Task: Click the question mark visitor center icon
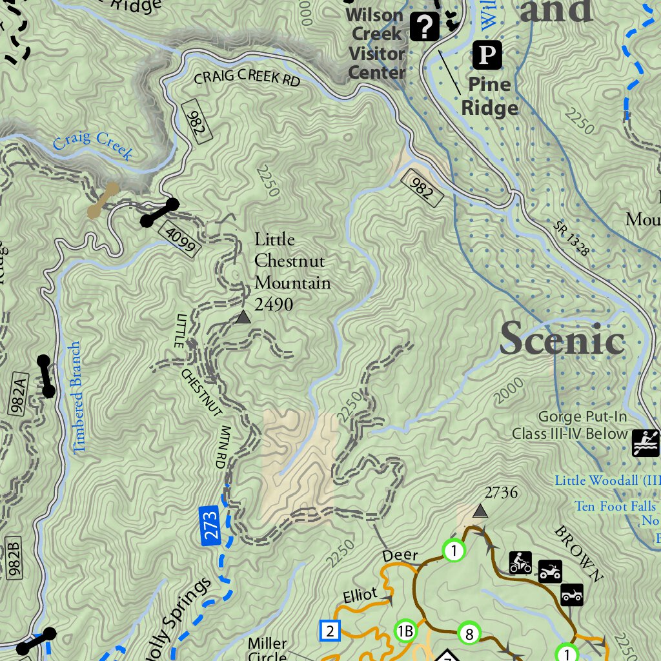pos(425,26)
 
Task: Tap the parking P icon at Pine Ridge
pos(487,56)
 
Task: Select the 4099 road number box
pos(181,239)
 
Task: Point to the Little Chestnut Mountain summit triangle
pos(243,317)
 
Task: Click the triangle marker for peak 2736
pos(480,511)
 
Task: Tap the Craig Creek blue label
pos(93,145)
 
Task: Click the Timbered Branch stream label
pos(77,396)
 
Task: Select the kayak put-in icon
pos(645,443)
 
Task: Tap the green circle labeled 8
pos(469,634)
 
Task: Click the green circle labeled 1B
pos(405,631)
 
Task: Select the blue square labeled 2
pos(330,630)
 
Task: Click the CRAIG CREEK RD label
pos(247,79)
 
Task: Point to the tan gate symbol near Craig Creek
pos(103,199)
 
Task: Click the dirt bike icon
pos(520,562)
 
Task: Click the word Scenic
pos(562,338)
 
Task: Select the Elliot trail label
pos(359,595)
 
